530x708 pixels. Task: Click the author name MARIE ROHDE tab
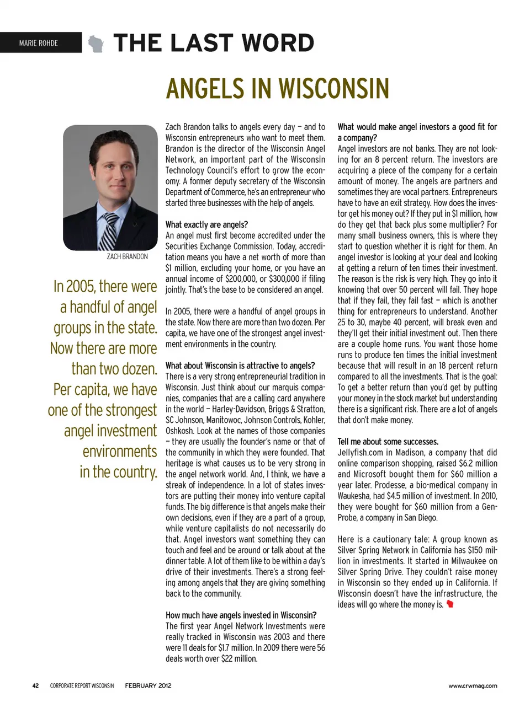[38, 43]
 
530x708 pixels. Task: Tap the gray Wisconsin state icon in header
[96, 44]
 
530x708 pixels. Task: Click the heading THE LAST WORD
[214, 43]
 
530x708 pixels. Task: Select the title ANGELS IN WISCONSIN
[278, 89]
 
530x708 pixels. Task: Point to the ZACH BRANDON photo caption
[127, 257]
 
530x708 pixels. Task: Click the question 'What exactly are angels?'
[206, 224]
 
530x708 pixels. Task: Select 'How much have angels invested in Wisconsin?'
[241, 615]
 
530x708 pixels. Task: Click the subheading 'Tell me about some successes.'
[388, 442]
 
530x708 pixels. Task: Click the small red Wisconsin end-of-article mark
[450, 604]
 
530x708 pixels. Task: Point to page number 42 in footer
[35, 686]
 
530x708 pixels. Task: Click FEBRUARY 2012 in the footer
[148, 686]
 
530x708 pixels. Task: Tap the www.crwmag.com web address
[473, 686]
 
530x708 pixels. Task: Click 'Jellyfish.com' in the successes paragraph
[361, 453]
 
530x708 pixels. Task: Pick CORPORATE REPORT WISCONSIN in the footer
[82, 686]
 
